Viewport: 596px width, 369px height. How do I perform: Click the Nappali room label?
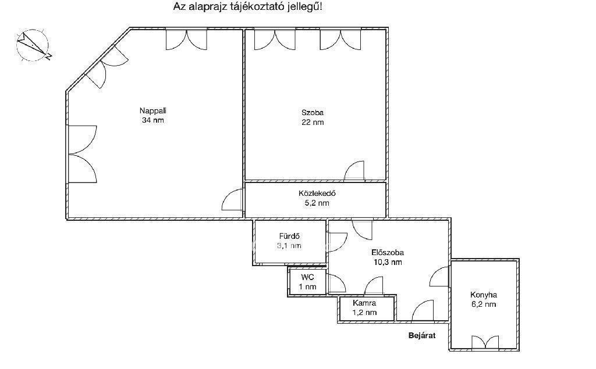coord(153,111)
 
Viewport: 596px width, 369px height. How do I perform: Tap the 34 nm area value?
coord(153,120)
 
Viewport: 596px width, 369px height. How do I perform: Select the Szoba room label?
coord(313,113)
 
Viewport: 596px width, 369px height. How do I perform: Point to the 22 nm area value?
coord(313,122)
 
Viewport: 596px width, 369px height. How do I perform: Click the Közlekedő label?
coord(317,194)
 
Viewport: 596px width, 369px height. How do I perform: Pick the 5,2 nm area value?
coord(317,203)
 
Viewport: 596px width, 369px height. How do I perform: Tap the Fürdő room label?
coord(289,236)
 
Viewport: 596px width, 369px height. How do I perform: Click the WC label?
coord(307,278)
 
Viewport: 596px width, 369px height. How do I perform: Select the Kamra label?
coord(364,303)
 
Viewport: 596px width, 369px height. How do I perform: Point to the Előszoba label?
coord(387,252)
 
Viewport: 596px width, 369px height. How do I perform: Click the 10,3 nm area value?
coord(387,262)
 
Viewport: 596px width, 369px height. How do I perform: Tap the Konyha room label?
coord(484,295)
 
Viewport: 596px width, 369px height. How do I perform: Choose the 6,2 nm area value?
coord(484,304)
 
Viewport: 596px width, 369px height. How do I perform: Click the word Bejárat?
coord(422,336)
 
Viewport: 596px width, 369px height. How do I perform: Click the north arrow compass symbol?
coord(33,45)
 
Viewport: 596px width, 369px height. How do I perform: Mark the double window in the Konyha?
coord(485,342)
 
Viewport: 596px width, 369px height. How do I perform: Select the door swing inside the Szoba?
coord(354,170)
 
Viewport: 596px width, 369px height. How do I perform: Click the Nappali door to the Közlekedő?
coord(232,199)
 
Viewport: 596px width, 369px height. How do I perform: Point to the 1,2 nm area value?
coord(364,313)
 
